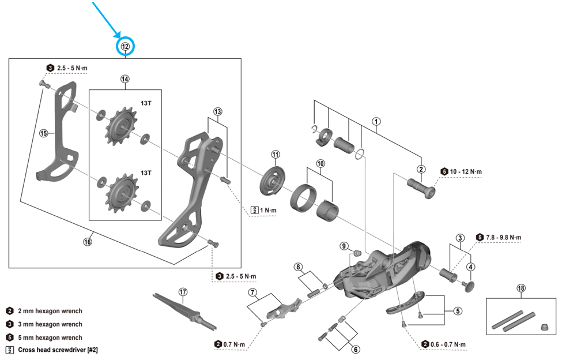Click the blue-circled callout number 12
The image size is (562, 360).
coord(125,47)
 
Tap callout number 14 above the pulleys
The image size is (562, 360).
coord(125,79)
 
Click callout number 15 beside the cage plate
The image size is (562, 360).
coord(44,133)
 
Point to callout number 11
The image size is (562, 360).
coord(276,155)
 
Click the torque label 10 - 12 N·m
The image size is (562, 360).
coord(465,171)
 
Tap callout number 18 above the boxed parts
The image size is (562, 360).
coord(521,288)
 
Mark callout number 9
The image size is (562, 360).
coord(345,246)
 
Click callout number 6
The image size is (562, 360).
coord(355,349)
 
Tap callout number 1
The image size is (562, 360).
coord(376,122)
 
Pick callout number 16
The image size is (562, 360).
coord(87,242)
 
